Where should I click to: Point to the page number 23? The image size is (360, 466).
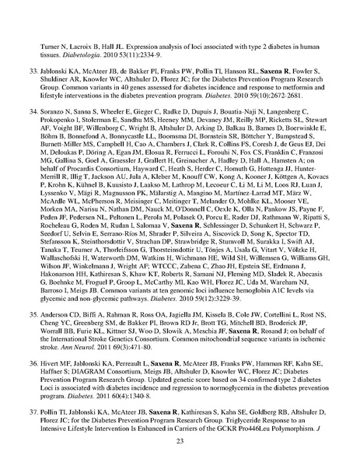180,440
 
